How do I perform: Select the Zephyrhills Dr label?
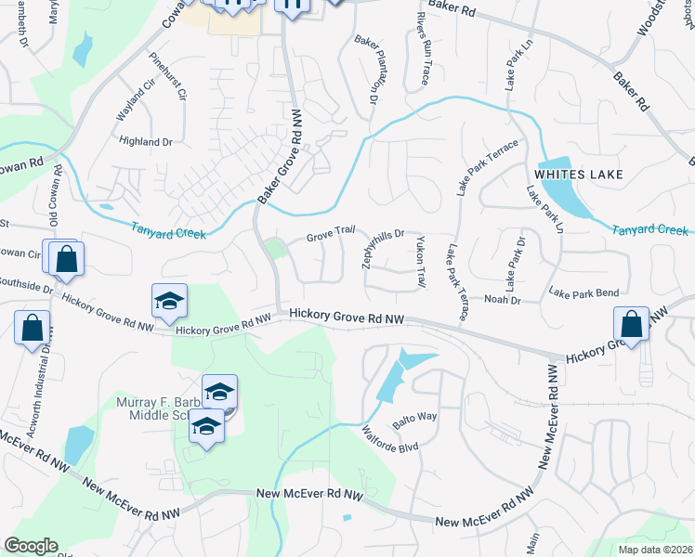[383, 248]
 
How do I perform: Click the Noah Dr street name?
[503, 300]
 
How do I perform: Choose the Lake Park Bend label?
[584, 293]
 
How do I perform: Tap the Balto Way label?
[414, 417]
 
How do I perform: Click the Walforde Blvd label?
[390, 439]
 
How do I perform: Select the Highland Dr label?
[146, 141]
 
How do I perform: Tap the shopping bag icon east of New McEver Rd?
[631, 326]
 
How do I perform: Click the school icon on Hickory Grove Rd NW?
[170, 301]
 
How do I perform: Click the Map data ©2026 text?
[655, 550]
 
